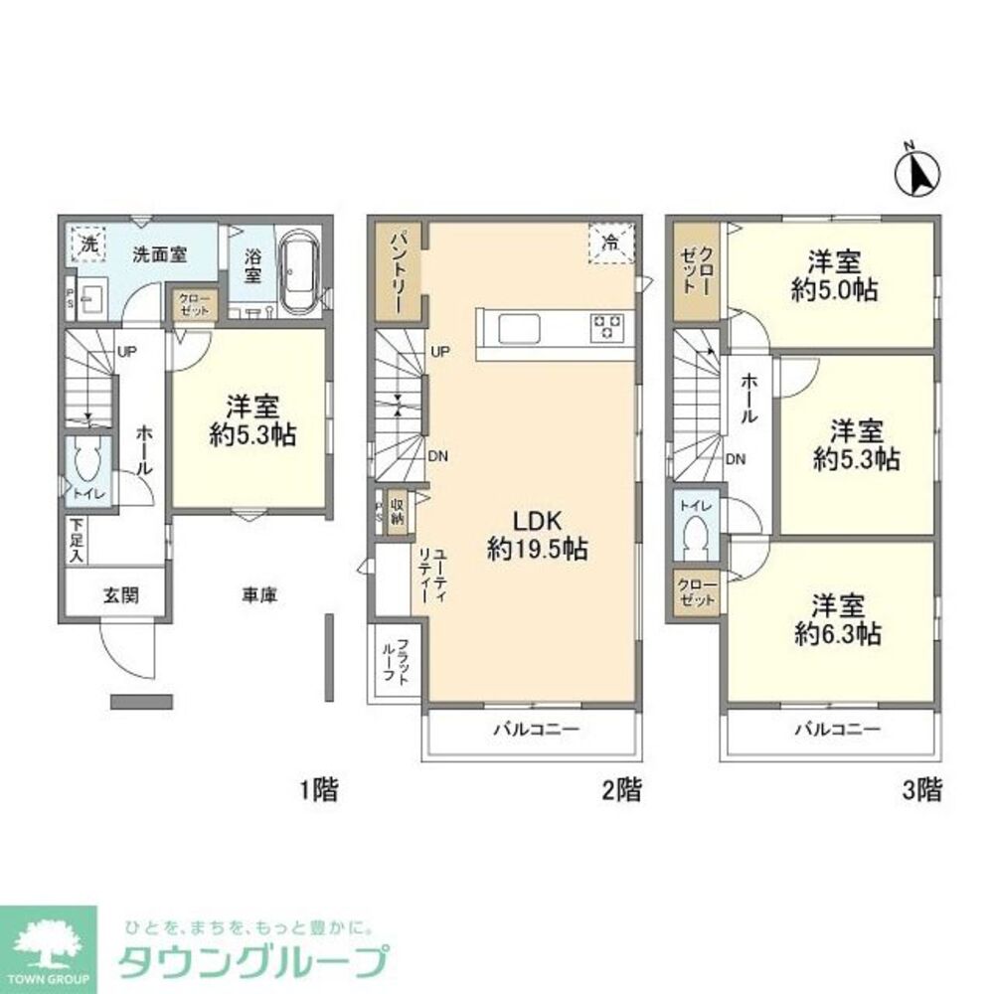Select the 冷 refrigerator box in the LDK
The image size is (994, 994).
click(609, 243)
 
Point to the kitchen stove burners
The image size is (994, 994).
click(607, 327)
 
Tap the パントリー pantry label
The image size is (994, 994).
click(395, 270)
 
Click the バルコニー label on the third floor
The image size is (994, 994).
click(836, 729)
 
